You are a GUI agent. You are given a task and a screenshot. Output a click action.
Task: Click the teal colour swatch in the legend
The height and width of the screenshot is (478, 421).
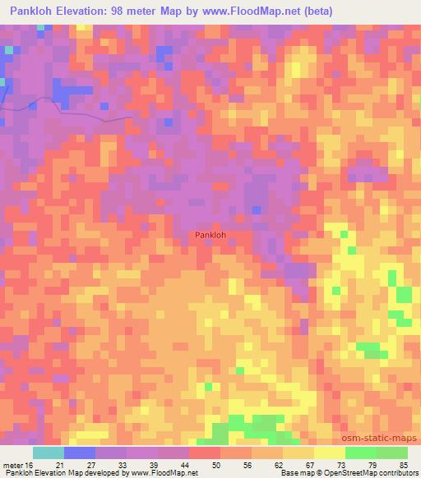pos(49,453)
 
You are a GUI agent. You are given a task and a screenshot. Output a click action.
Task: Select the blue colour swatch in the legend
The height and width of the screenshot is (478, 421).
pos(80,453)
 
